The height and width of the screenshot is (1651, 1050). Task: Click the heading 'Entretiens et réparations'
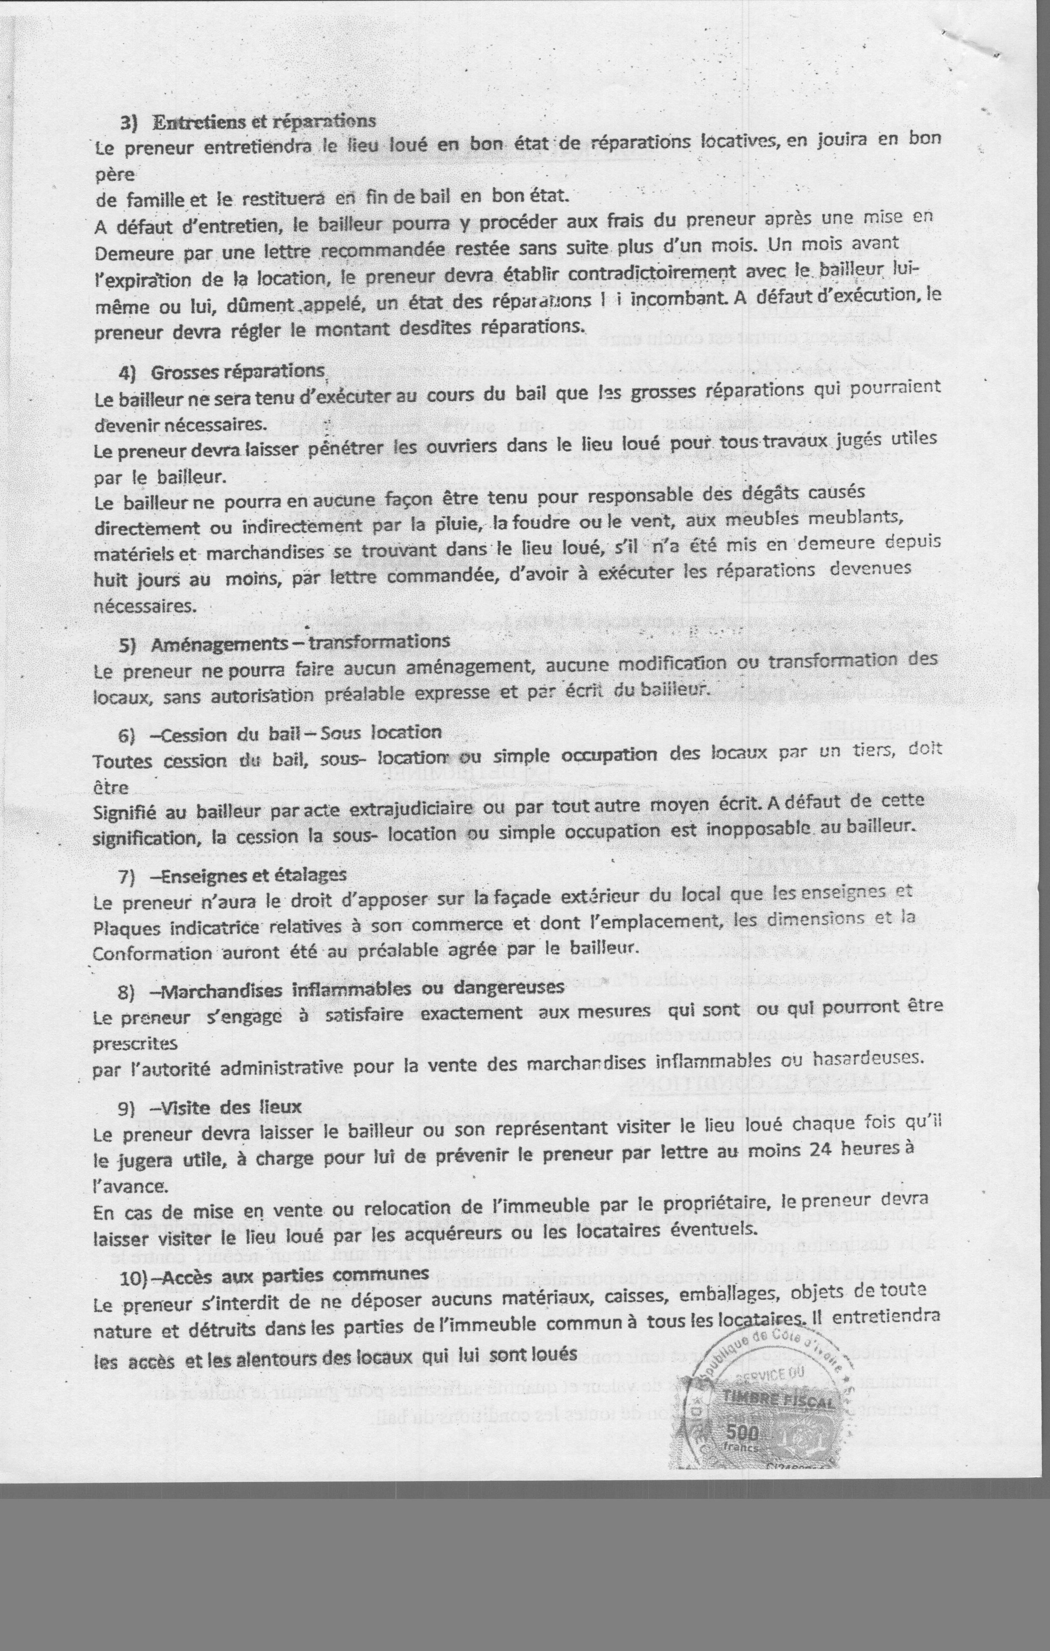(265, 121)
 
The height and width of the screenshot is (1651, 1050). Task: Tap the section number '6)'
(127, 735)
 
